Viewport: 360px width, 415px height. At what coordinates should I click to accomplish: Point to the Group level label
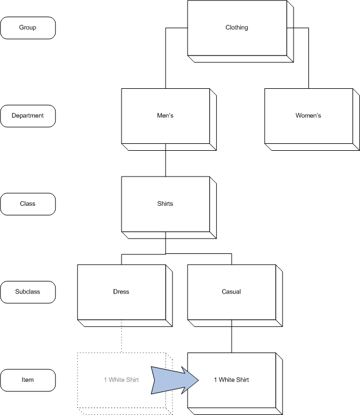point(28,28)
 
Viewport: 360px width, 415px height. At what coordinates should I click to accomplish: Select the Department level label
point(28,115)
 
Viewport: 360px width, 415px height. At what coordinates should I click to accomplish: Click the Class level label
point(28,203)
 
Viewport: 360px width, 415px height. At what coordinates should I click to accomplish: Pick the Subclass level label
point(28,292)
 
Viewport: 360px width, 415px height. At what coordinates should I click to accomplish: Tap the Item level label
point(28,379)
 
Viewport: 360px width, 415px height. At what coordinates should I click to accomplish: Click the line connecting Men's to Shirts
point(165,163)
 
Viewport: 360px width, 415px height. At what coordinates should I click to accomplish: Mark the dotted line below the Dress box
point(122,339)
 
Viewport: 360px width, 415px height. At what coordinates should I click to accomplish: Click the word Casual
point(231,292)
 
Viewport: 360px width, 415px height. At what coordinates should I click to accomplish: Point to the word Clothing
point(237,28)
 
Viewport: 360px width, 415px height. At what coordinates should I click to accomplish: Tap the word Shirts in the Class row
point(165,203)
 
